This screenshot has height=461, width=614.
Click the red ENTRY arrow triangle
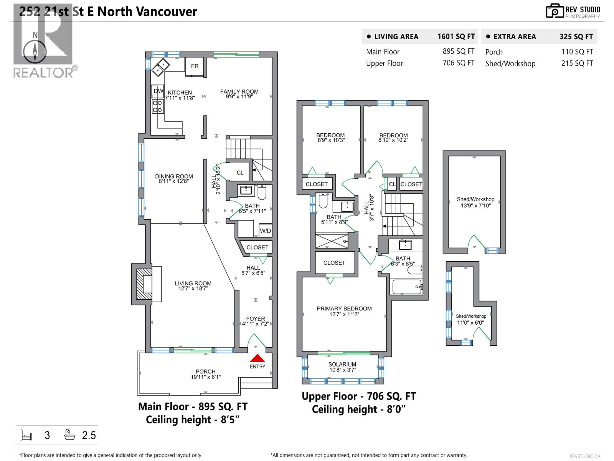pyautogui.click(x=257, y=358)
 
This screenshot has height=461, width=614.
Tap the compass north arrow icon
pyautogui.click(x=35, y=51)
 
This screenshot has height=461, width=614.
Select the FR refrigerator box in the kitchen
pyautogui.click(x=195, y=66)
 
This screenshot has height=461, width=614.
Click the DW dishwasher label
pyautogui.click(x=158, y=91)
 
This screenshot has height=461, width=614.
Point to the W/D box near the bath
pyautogui.click(x=265, y=230)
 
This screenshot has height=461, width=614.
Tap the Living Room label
pyautogui.click(x=193, y=284)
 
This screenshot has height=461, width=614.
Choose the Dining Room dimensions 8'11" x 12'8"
pyautogui.click(x=174, y=181)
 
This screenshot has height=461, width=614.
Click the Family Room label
pyautogui.click(x=239, y=91)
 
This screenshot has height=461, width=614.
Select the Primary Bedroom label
pyautogui.click(x=344, y=308)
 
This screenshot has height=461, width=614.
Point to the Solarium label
pyautogui.click(x=342, y=364)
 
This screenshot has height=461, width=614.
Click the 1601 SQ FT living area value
pyautogui.click(x=456, y=36)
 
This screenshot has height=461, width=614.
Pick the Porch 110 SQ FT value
pyautogui.click(x=577, y=52)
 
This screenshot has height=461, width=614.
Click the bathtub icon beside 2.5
pyautogui.click(x=70, y=435)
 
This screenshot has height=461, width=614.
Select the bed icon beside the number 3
pyautogui.click(x=26, y=435)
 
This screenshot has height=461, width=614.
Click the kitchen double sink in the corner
pyautogui.click(x=160, y=67)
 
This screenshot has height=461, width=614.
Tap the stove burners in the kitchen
pyautogui.click(x=157, y=106)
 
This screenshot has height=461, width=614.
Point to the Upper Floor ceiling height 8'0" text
pyautogui.click(x=358, y=410)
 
